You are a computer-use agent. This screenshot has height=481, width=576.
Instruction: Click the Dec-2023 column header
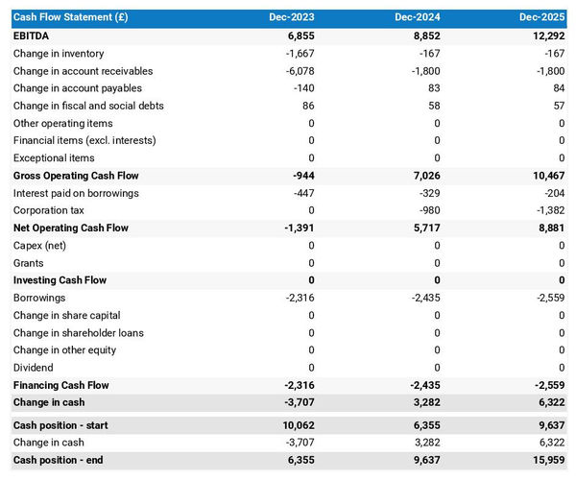tap(294, 18)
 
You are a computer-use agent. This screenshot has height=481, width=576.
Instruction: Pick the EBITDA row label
tap(32, 36)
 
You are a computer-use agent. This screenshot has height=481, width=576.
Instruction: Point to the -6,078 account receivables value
tap(300, 71)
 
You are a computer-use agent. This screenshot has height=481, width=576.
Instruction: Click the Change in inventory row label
tap(59, 54)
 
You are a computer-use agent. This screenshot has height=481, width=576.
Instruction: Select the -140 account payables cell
tap(303, 88)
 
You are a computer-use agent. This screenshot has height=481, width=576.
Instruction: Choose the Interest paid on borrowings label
tap(76, 193)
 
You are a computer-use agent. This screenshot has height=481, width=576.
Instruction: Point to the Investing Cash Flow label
tap(60, 280)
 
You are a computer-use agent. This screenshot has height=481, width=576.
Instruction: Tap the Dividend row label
tap(34, 368)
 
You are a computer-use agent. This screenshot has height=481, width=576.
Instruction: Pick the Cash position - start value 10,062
tap(297, 425)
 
